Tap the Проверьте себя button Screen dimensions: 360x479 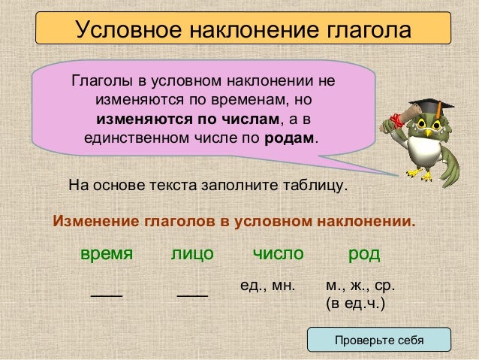coord(379,340)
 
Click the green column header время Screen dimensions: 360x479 coord(107,254)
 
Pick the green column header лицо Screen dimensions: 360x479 coord(192,254)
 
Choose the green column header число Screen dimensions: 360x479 coord(278,254)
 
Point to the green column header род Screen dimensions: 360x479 coord(364,254)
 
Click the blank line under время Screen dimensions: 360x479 coord(107,295)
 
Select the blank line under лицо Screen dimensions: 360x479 coord(192,295)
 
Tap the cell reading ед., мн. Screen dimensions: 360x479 coord(267,286)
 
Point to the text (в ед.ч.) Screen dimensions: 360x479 coord(355,304)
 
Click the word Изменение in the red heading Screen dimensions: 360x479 coord(89,223)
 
